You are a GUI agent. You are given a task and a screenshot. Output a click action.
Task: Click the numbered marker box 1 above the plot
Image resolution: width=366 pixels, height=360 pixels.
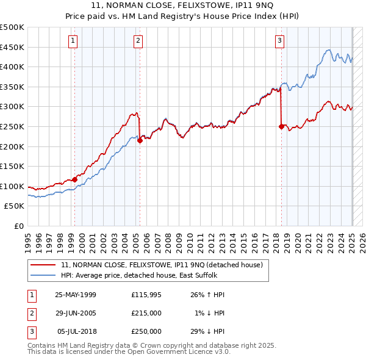(x=73, y=41)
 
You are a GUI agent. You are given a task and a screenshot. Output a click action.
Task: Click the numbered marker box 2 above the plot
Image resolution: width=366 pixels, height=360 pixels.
(x=138, y=41)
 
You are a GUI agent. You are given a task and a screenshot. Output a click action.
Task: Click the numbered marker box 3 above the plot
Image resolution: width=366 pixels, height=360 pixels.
(x=279, y=41)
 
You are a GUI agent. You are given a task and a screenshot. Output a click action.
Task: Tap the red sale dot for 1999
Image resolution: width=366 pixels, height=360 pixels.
(x=75, y=179)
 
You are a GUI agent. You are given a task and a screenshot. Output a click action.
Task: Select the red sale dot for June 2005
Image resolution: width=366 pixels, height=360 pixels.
(x=140, y=140)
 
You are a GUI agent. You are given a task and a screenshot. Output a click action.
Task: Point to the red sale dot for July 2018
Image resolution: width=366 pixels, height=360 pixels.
(x=281, y=126)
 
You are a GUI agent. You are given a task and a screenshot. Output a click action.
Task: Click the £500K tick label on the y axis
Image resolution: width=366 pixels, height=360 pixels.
(x=12, y=27)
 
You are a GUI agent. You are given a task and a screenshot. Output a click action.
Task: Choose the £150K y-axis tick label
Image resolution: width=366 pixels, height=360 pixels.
(x=12, y=166)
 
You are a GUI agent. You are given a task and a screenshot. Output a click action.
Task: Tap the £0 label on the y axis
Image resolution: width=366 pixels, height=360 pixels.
(x=19, y=226)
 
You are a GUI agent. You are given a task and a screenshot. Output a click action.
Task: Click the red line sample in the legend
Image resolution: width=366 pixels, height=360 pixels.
(x=43, y=265)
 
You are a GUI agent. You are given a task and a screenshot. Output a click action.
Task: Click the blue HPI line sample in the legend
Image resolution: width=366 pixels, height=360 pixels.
(x=43, y=275)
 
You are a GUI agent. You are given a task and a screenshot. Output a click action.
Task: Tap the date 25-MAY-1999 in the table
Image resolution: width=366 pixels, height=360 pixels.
(x=76, y=295)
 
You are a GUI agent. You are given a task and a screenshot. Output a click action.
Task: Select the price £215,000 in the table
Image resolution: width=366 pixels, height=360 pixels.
(x=146, y=313)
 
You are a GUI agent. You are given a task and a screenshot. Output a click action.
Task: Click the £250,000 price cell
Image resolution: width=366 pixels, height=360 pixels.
(x=146, y=331)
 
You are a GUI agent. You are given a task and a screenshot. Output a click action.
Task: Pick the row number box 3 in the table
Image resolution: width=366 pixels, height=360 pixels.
(x=30, y=331)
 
